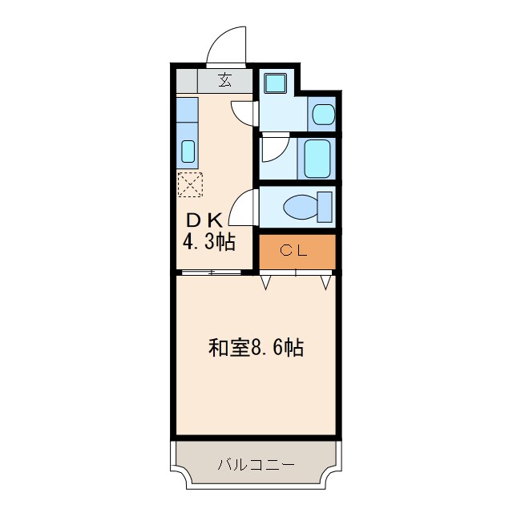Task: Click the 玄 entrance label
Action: click(224, 80)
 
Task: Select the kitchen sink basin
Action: click(188, 151)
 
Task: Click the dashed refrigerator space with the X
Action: click(191, 184)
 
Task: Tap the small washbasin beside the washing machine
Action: click(322, 114)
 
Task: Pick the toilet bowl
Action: click(298, 207)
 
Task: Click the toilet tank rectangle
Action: click(325, 206)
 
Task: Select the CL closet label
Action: click(294, 251)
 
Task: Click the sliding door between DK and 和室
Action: click(211, 273)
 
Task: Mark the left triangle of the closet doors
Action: click(266, 281)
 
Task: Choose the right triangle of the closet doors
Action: click(325, 281)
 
